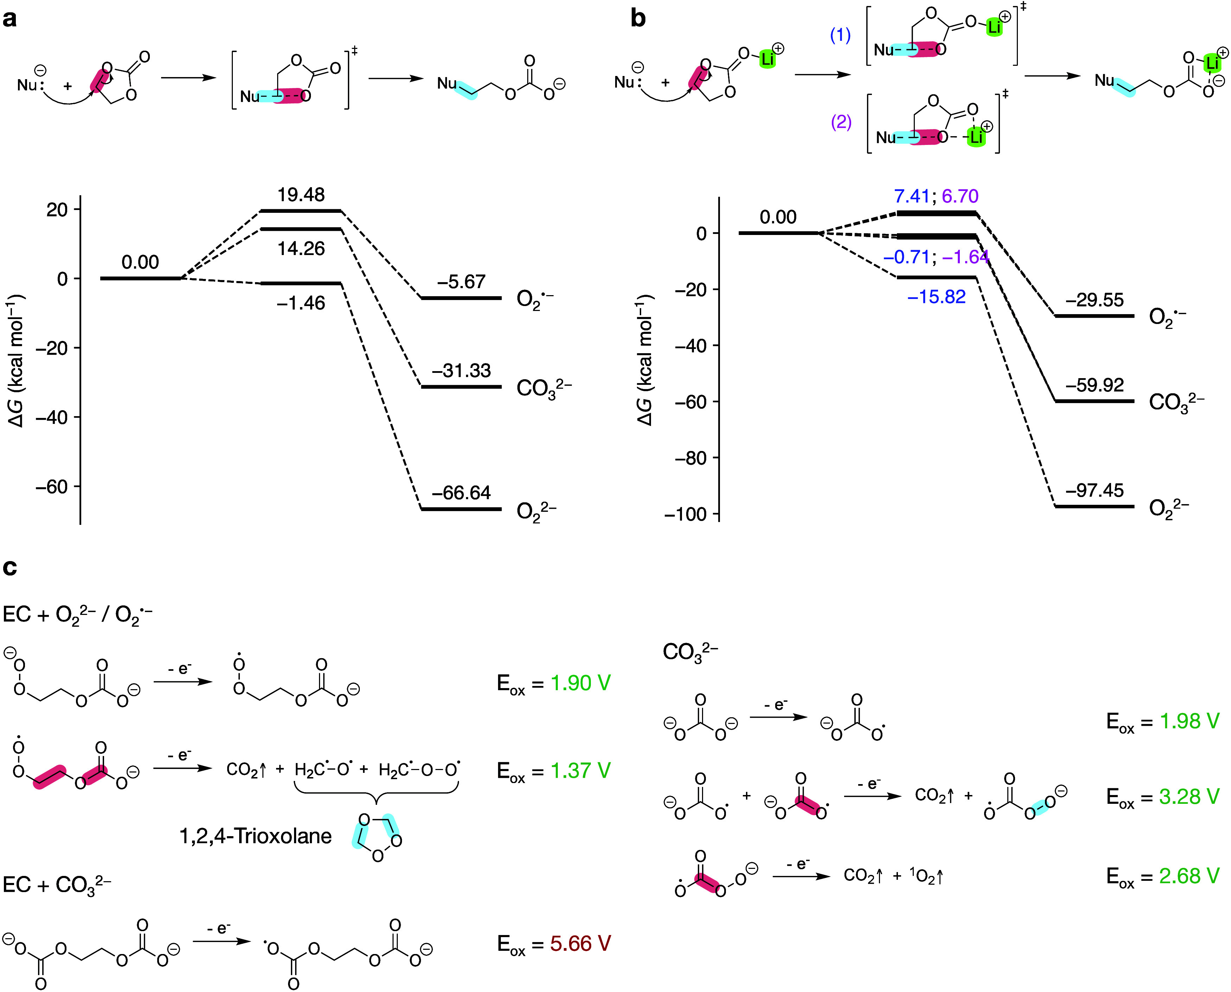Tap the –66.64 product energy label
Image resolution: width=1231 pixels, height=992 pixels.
[461, 492]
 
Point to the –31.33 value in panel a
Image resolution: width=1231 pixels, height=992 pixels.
[461, 371]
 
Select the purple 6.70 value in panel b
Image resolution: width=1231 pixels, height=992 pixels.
[960, 197]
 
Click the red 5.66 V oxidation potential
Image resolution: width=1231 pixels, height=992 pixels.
[580, 943]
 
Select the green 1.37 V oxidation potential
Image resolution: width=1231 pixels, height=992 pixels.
[580, 770]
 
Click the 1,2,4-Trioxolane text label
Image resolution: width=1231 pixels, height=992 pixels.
[255, 836]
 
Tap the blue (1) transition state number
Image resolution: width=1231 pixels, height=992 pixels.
[840, 36]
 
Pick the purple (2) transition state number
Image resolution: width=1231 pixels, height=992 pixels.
[841, 122]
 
